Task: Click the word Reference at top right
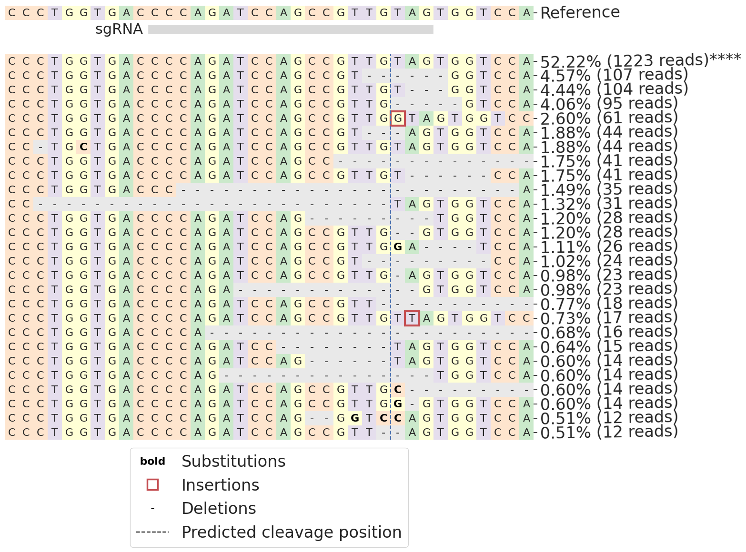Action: (580, 12)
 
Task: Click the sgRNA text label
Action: (119, 30)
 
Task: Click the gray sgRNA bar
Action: (291, 30)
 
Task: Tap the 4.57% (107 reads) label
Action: (614, 75)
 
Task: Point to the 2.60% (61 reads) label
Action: (609, 118)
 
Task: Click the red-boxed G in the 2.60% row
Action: (398, 118)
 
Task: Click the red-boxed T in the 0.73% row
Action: (412, 318)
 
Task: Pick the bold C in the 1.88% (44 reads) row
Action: (83, 147)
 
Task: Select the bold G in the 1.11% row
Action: (398, 247)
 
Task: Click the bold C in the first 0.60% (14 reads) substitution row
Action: (398, 390)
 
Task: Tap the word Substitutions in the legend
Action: (233, 461)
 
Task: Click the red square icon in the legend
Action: (152, 485)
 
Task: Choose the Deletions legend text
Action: (219, 508)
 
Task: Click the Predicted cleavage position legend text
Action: (292, 532)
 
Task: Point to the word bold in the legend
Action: (152, 461)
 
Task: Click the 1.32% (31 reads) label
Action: (609, 204)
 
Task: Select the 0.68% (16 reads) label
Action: (609, 332)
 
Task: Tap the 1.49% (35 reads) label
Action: (609, 189)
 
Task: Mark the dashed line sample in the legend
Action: (152, 532)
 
